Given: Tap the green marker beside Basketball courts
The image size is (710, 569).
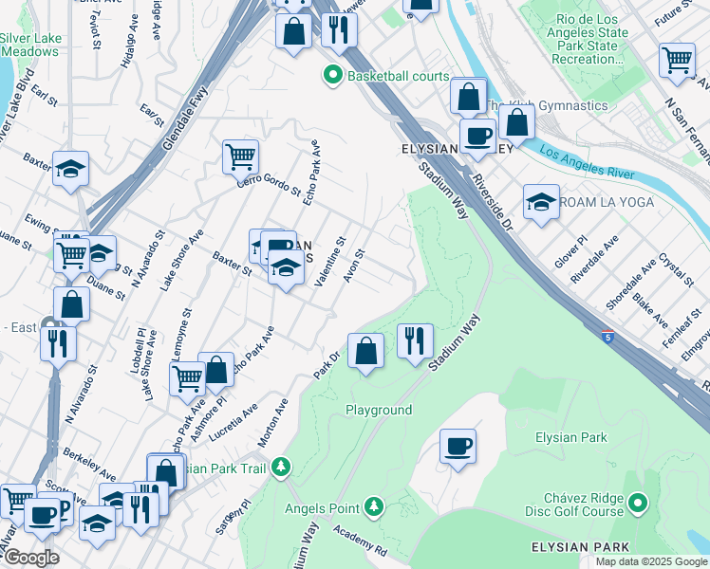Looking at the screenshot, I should click(x=333, y=76).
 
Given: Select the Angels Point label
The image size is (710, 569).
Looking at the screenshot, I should click(x=324, y=507).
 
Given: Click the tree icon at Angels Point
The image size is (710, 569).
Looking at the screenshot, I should click(x=375, y=506).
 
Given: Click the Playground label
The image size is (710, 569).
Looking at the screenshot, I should click(x=379, y=410).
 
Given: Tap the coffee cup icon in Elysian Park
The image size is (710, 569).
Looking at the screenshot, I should click(x=458, y=446).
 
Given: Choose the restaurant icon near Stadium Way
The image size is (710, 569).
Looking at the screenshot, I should click(x=414, y=340).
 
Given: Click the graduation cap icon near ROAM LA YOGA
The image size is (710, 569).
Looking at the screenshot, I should click(x=540, y=201).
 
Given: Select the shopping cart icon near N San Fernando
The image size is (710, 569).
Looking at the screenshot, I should click(x=677, y=60).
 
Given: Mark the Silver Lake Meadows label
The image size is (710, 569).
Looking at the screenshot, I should click(x=29, y=45).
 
